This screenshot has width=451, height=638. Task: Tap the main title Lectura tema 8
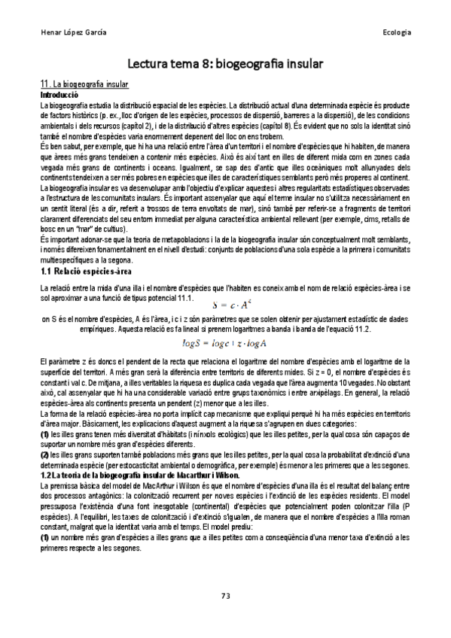pyautogui.click(x=225, y=65)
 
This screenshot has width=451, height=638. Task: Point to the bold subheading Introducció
pyautogui.click(x=59, y=96)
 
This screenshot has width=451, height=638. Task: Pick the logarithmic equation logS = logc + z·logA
pyautogui.click(x=226, y=323)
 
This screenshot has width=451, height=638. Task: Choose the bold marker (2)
pyautogui.click(x=44, y=432)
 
